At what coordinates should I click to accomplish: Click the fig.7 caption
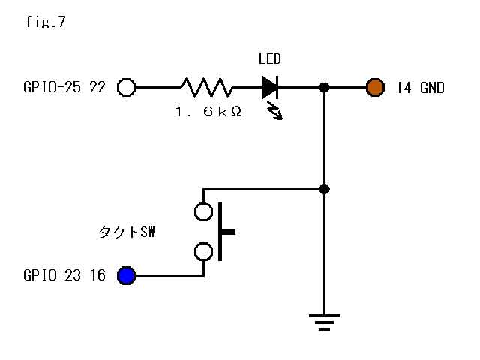(45, 22)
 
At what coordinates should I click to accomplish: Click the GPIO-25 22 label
(64, 88)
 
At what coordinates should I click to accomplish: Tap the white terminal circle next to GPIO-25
(127, 88)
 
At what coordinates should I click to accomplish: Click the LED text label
(269, 59)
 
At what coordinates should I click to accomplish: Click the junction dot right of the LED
(324, 88)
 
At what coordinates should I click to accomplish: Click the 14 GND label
(419, 88)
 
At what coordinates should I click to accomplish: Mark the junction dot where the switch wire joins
(324, 188)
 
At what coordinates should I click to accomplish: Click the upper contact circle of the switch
(203, 211)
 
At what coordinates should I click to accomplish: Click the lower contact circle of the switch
(203, 251)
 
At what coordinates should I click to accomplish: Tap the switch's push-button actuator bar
(223, 232)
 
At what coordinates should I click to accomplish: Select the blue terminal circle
(127, 276)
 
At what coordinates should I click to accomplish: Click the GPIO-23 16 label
(64, 276)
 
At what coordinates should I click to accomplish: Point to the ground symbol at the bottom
(324, 322)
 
